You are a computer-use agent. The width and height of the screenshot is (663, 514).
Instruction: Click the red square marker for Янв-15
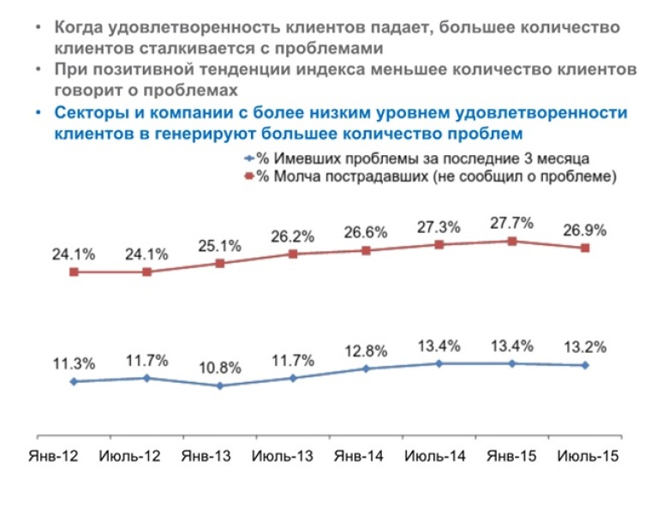[x=512, y=241]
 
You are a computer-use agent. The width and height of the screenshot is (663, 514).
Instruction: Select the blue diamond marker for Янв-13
[x=220, y=385]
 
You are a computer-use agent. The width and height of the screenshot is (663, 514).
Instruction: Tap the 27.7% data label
[x=512, y=223]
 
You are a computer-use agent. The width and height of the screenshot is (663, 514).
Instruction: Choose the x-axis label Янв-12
[x=55, y=457]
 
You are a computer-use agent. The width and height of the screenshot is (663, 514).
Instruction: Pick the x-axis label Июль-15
[x=587, y=457]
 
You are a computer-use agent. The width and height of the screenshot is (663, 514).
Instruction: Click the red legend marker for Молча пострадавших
[x=249, y=177]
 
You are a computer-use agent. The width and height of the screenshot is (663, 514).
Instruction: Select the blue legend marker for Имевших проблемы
[x=249, y=159]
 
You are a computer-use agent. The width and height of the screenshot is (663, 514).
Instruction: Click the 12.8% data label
[x=367, y=351]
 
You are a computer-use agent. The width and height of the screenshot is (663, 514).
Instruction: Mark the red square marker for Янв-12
[x=74, y=272]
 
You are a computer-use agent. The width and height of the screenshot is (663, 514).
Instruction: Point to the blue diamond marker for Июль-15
[x=585, y=365]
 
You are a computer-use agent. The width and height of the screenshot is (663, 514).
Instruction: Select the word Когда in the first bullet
[x=81, y=27]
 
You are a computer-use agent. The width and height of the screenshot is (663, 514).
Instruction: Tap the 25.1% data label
[x=220, y=246]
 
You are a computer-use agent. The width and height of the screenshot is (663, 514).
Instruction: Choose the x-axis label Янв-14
[x=359, y=457]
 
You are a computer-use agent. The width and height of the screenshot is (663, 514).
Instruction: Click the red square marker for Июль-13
[x=293, y=254]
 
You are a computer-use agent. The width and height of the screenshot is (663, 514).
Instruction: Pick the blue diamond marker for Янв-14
[x=366, y=369]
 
